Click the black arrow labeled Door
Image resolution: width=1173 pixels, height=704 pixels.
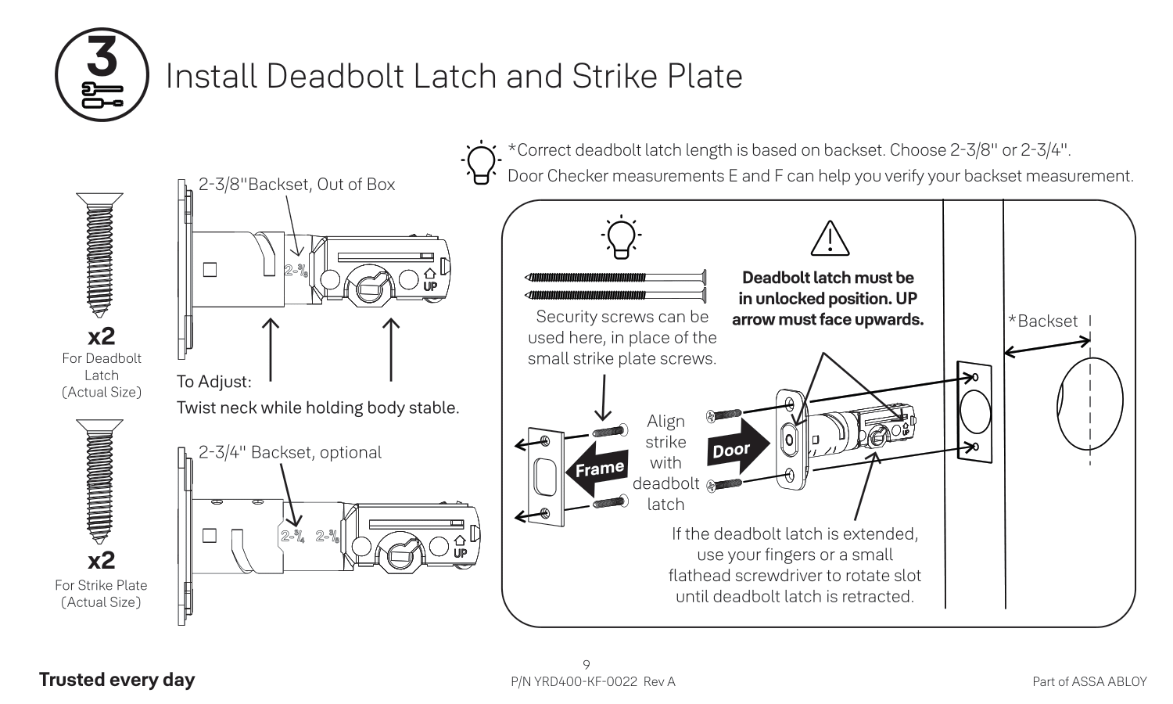click(737, 449)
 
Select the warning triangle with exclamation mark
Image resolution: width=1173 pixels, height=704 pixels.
click(830, 239)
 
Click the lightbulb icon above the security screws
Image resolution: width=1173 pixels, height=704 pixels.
click(621, 235)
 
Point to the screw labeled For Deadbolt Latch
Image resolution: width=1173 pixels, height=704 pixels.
click(100, 253)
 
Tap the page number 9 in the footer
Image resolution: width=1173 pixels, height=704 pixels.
click(586, 665)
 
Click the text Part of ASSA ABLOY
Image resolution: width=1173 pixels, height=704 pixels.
click(1089, 681)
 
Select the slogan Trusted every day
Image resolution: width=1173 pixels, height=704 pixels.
click(117, 680)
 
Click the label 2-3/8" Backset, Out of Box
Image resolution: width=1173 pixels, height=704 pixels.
click(296, 185)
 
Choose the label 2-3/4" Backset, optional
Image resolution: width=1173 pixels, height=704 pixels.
click(289, 452)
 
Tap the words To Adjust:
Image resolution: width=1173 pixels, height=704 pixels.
click(213, 382)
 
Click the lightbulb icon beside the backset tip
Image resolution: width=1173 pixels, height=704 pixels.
click(479, 163)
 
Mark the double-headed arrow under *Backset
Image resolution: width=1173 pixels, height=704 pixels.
click(1046, 347)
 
